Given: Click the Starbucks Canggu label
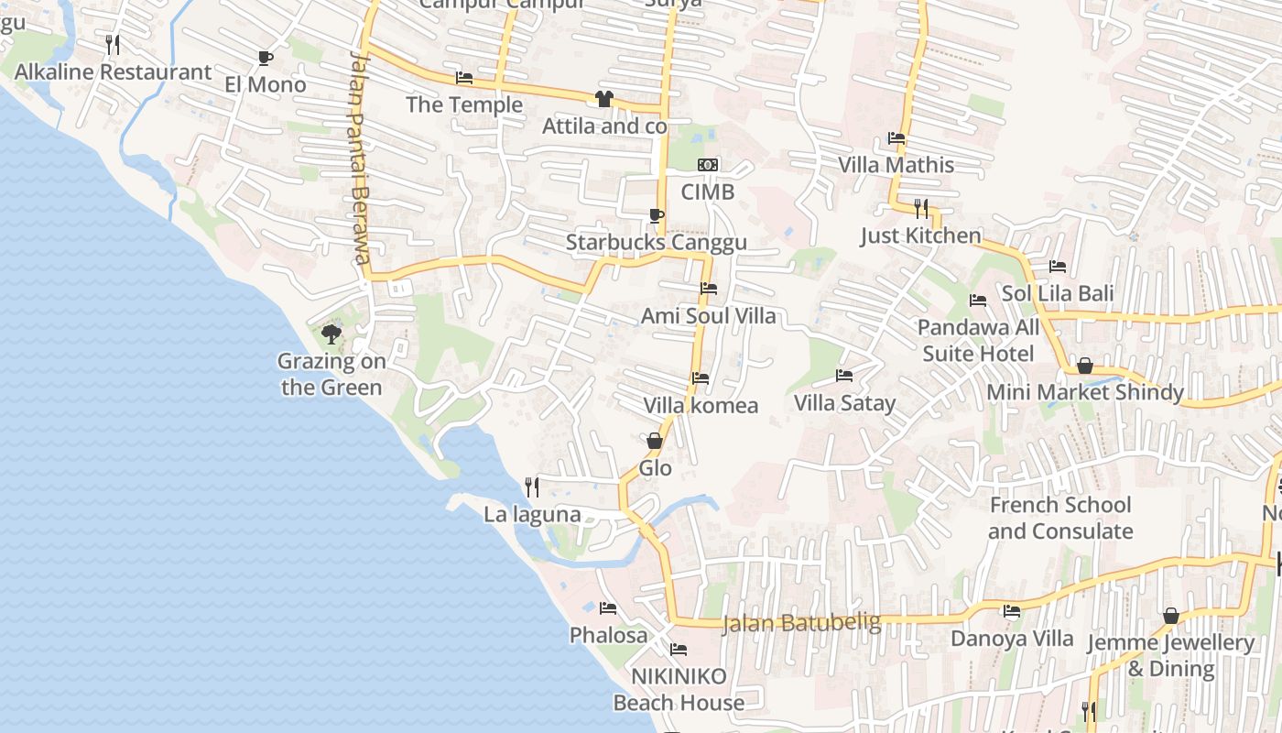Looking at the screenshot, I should tap(656, 243).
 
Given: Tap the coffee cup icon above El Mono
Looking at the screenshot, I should tap(266, 58).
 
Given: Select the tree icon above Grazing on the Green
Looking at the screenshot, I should tap(331, 334).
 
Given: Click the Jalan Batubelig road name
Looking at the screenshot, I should tap(801, 623).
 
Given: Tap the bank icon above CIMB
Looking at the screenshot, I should tap(708, 165).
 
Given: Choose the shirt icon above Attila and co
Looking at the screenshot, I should tap(603, 99).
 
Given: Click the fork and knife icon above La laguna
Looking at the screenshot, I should tap(531, 487).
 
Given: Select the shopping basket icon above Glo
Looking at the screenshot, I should tap(655, 441).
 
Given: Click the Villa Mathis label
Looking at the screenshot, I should tap(896, 165).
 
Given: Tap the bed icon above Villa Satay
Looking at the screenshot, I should tap(844, 376).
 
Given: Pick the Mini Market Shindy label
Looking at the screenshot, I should tap(1085, 392).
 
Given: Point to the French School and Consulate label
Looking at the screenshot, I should tap(1060, 518).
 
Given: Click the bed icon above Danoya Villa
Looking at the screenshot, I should tap(1012, 611).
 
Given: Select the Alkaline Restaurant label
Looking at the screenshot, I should tap(114, 71).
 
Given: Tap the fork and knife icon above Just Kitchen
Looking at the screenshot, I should tap(921, 208).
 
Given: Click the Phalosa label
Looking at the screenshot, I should tap(608, 635).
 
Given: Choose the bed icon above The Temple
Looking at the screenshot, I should tap(464, 78).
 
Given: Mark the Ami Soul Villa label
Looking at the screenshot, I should tap(708, 316).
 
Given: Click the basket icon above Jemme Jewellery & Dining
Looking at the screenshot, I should tap(1170, 616).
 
